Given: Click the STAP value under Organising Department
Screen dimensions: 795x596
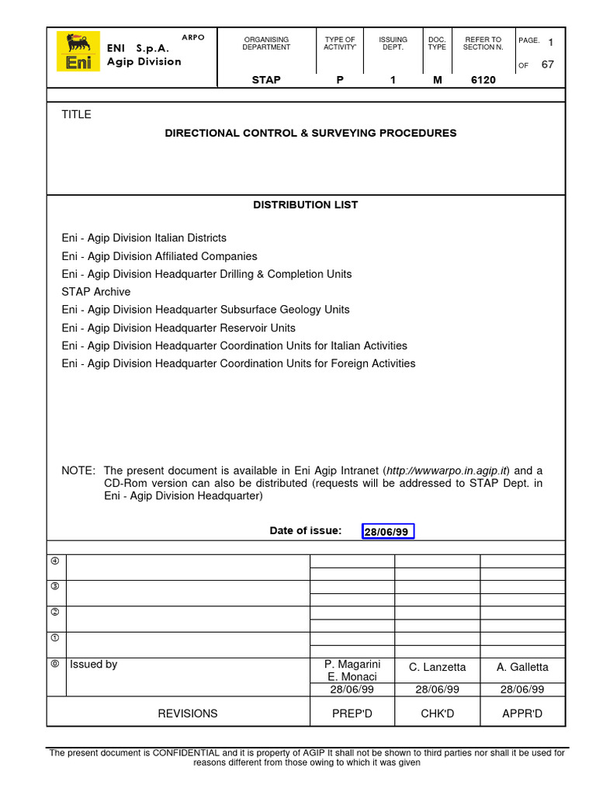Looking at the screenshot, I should [x=266, y=80].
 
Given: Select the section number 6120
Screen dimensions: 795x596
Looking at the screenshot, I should [x=483, y=80].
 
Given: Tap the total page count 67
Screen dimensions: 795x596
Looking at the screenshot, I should [x=547, y=65].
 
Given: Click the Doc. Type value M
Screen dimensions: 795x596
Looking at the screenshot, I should [x=437, y=80].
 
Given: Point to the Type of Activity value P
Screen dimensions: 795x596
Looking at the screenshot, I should [x=339, y=80].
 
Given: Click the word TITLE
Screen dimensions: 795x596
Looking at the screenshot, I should [x=77, y=115].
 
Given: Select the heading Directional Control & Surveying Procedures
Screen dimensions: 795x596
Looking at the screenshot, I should [x=310, y=134].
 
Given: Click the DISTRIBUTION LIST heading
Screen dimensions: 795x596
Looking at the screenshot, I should [x=306, y=205].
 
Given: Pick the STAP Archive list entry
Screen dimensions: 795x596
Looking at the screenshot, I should [x=96, y=292].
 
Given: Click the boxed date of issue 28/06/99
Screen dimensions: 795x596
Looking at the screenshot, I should [x=389, y=532].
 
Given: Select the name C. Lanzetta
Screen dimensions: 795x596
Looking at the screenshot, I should [x=438, y=668].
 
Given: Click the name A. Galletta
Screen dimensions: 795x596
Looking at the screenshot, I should [x=522, y=668].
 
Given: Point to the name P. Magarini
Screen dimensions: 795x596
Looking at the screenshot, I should [x=352, y=665].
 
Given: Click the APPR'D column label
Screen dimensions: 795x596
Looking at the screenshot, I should [x=522, y=713].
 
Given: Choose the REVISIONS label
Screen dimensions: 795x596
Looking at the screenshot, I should [x=188, y=713].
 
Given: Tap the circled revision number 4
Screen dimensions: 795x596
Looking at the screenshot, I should [x=55, y=561].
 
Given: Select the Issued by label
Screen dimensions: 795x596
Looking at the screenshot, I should [x=94, y=665].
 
